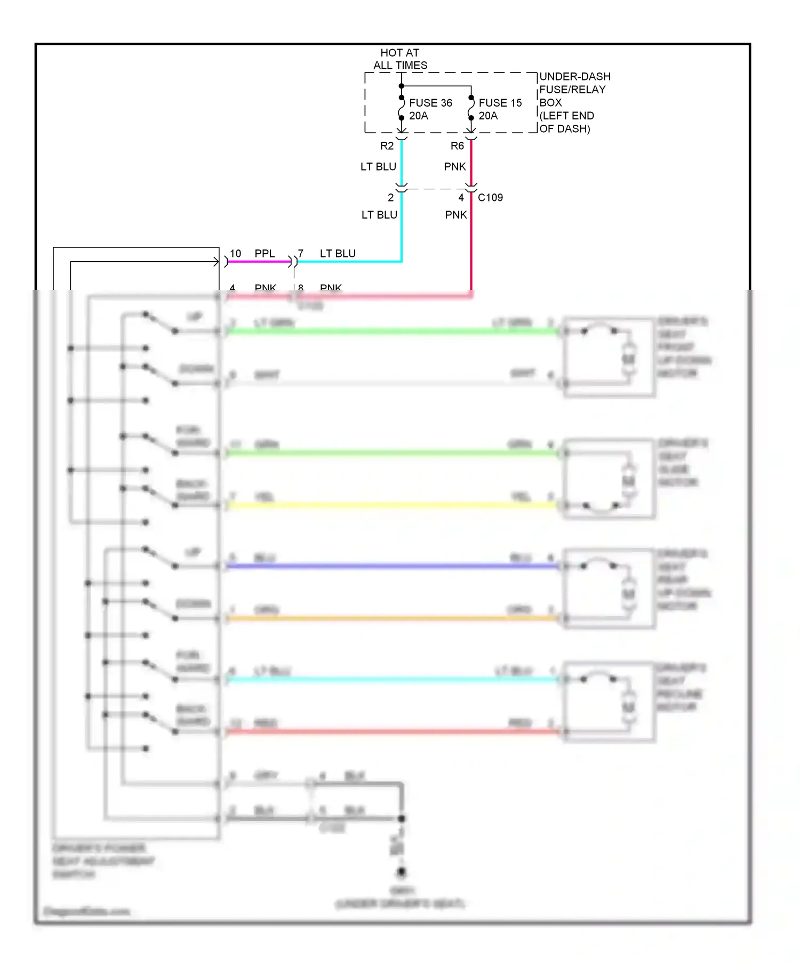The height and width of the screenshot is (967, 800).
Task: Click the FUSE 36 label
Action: click(x=430, y=103)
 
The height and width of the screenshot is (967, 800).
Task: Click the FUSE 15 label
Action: click(x=500, y=103)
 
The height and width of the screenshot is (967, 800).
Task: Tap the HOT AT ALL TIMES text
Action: click(x=400, y=59)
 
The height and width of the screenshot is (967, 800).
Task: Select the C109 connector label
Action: click(x=490, y=198)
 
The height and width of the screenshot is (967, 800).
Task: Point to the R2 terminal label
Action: click(x=387, y=146)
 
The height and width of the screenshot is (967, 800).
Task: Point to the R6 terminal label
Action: click(x=457, y=146)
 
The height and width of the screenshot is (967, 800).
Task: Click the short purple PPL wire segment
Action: click(x=259, y=262)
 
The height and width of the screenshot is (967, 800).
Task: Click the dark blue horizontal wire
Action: click(x=392, y=566)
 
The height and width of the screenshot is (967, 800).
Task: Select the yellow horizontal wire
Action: click(x=392, y=505)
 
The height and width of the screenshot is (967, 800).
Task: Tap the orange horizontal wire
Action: click(x=392, y=618)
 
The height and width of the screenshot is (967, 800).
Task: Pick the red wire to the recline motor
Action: click(x=392, y=732)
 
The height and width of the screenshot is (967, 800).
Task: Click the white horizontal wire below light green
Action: click(x=392, y=383)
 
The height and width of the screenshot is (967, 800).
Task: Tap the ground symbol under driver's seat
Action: click(x=401, y=873)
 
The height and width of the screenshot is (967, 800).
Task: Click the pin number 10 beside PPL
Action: click(x=235, y=254)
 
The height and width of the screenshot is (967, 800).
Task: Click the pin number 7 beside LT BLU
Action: click(x=301, y=254)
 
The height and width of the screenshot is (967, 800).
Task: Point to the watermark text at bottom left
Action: click(x=86, y=911)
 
